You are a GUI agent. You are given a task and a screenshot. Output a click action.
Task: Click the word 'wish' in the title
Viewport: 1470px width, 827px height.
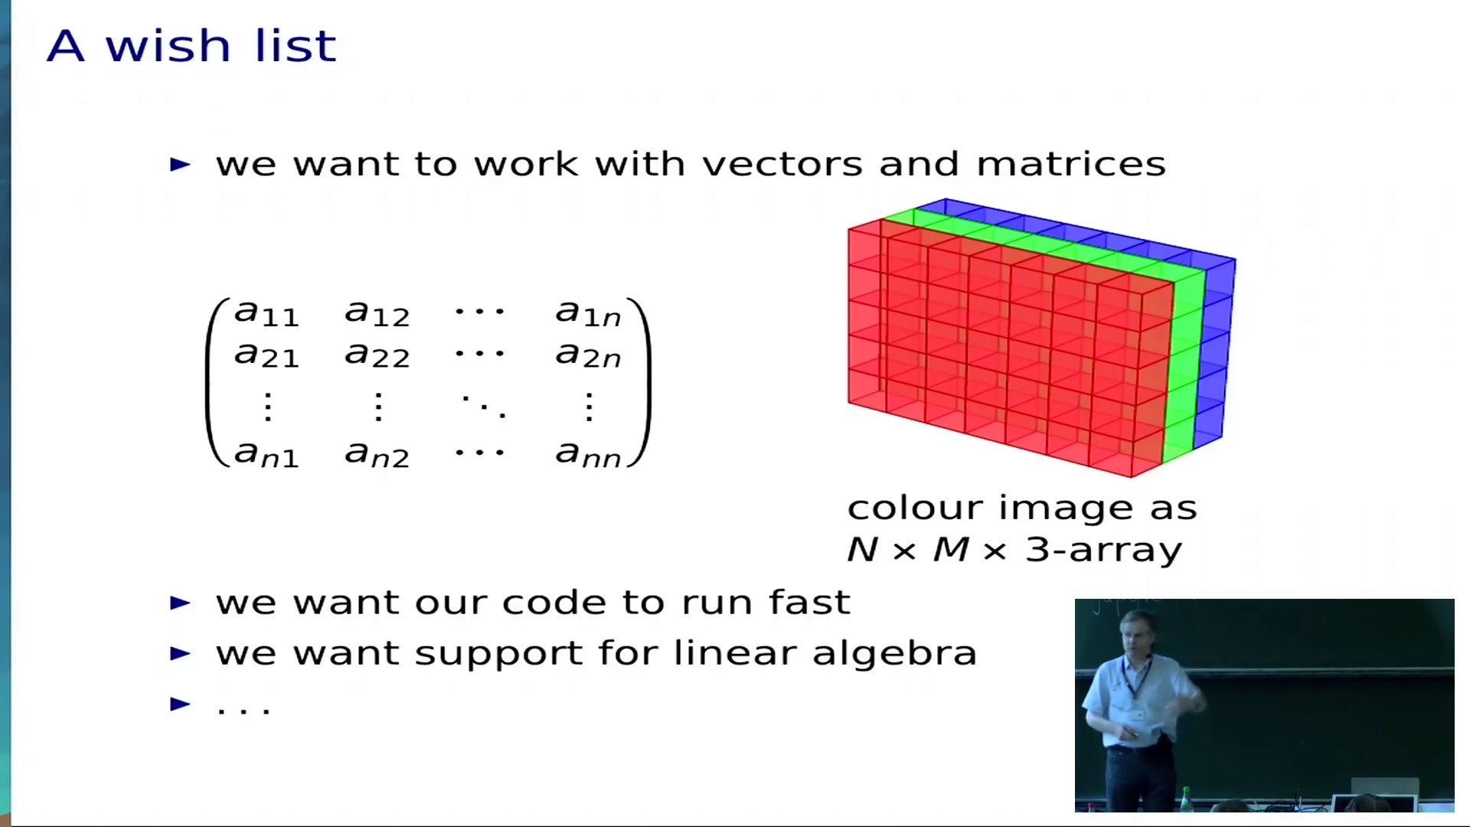click(168, 45)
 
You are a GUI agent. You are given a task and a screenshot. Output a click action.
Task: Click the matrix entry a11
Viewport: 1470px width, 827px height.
click(266, 313)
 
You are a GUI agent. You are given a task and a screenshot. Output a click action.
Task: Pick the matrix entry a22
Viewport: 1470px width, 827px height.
click(377, 355)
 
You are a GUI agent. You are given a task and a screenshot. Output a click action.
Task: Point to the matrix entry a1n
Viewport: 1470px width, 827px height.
click(588, 313)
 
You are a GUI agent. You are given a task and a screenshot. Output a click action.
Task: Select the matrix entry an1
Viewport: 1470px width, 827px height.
click(266, 454)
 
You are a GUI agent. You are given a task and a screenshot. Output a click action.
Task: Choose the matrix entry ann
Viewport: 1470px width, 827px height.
click(588, 454)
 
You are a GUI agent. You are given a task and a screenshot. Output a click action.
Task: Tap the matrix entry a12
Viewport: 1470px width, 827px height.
click(377, 313)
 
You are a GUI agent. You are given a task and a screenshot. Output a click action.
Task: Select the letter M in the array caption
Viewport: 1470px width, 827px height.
click(952, 550)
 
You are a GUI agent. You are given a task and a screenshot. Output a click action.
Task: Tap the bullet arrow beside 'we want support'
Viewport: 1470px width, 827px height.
click(180, 653)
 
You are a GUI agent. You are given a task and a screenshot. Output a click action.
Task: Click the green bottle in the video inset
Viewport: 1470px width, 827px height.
click(1187, 798)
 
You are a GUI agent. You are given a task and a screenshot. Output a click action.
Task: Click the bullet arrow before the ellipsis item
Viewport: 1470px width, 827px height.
click(180, 704)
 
